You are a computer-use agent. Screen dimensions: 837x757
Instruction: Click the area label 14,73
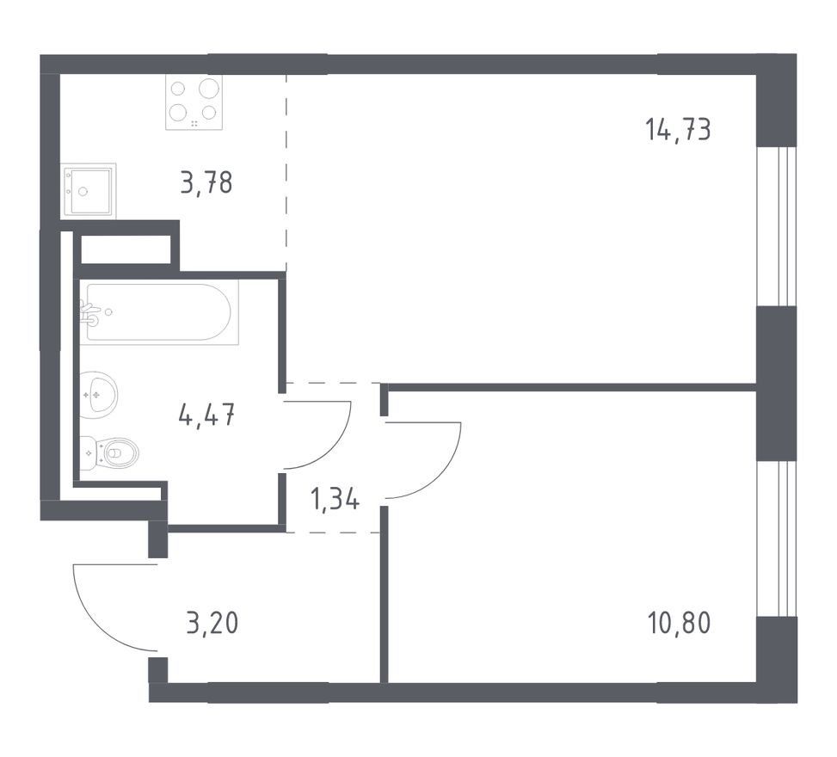(x=678, y=130)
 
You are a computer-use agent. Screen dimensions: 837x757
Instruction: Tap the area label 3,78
(x=206, y=182)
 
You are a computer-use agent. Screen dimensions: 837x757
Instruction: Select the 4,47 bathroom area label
(x=207, y=415)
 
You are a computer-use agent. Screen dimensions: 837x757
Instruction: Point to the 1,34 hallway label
(x=335, y=500)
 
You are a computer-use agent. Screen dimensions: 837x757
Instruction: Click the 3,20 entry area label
(x=212, y=623)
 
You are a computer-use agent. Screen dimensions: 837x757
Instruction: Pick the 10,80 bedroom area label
(x=679, y=623)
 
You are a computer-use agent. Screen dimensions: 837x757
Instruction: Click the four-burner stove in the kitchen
(x=194, y=102)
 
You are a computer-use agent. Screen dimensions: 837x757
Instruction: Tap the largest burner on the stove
(x=210, y=88)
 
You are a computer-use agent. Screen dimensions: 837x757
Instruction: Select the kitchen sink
(x=89, y=191)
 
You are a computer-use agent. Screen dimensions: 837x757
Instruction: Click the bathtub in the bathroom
(x=159, y=311)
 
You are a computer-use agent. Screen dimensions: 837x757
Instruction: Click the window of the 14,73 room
(x=777, y=226)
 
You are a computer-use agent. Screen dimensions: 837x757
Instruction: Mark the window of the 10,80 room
(x=777, y=539)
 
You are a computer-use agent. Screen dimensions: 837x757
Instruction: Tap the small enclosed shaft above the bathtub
(x=126, y=249)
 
